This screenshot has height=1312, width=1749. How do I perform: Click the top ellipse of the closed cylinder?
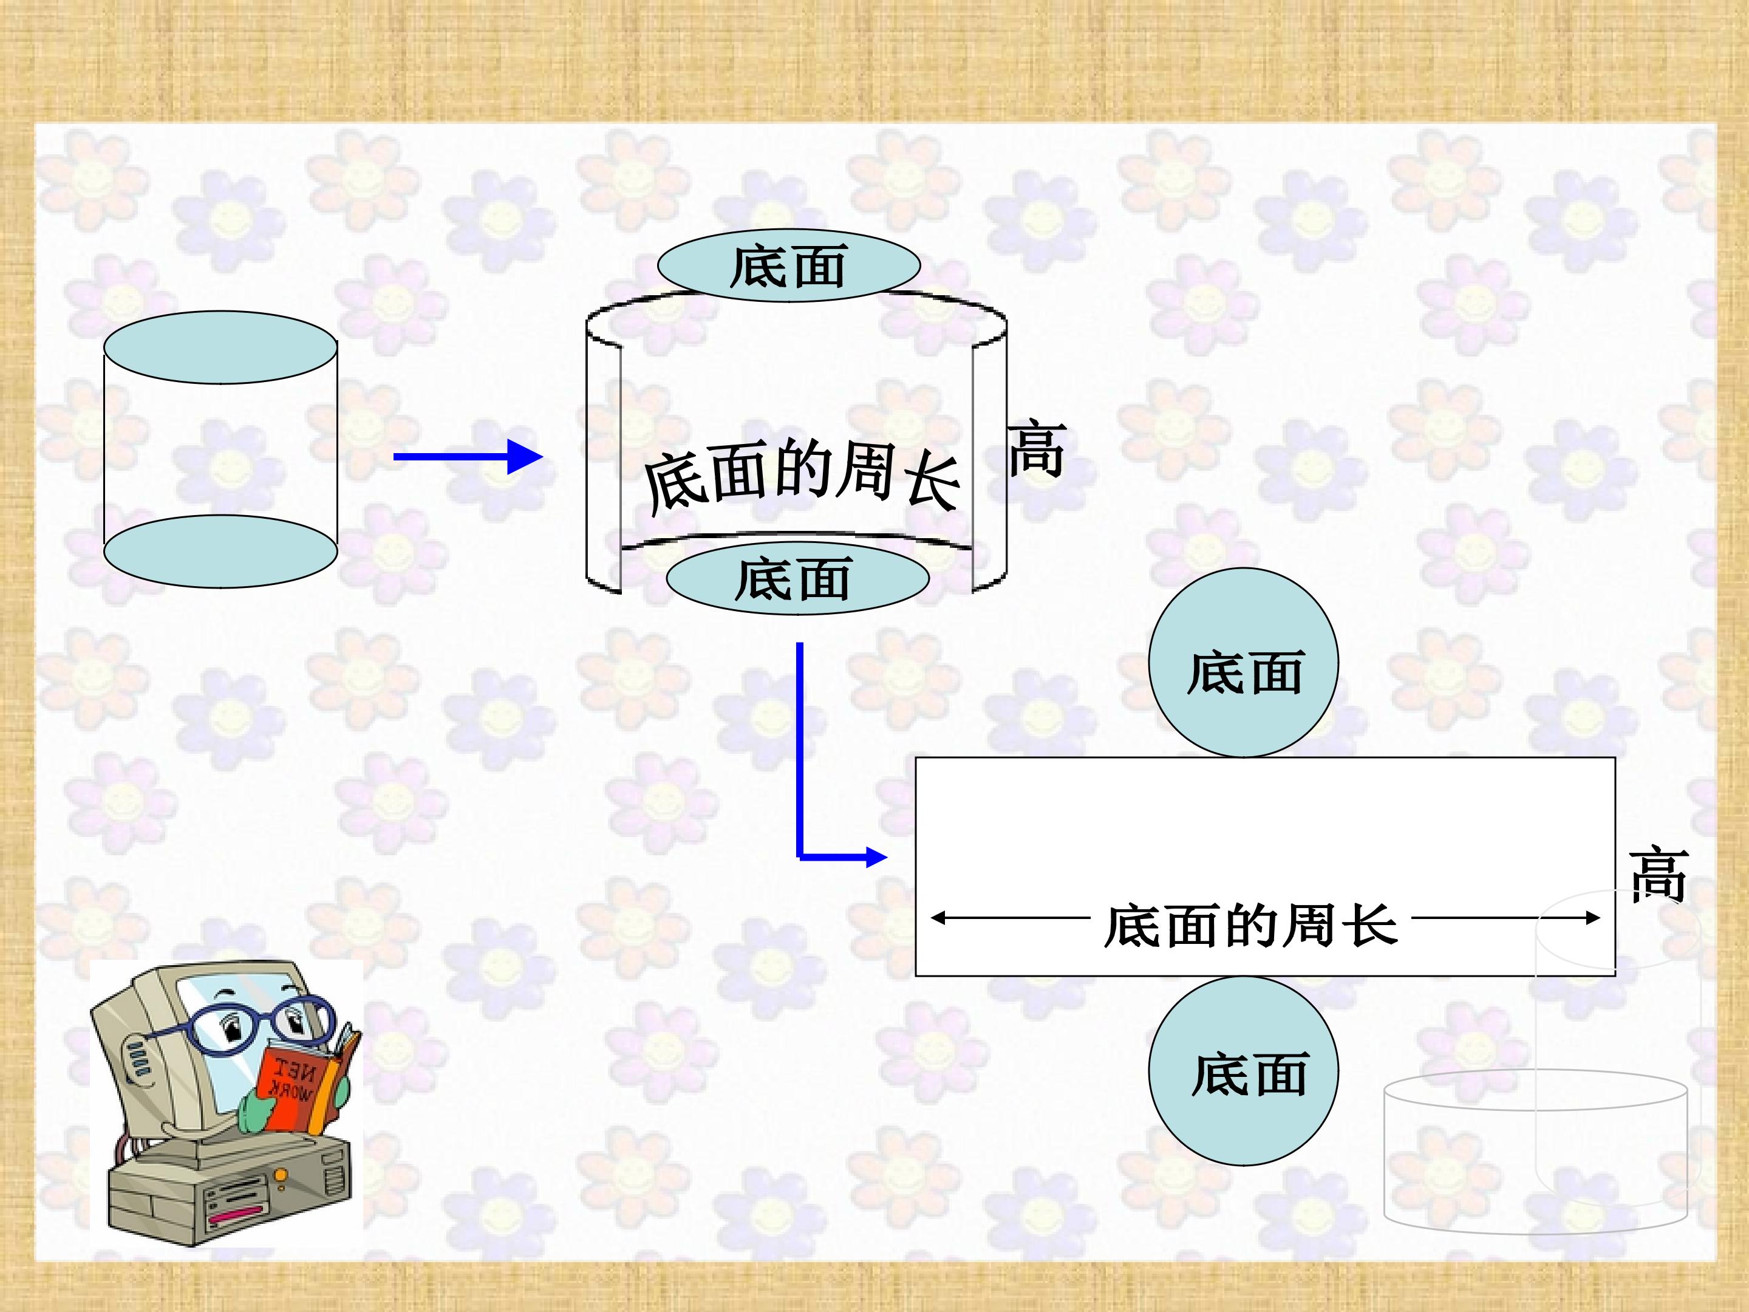(x=220, y=347)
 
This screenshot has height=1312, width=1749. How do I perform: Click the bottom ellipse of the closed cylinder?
(x=220, y=551)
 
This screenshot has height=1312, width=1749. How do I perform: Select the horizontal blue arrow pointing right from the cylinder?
(x=466, y=456)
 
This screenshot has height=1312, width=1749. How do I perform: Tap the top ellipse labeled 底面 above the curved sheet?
(x=788, y=265)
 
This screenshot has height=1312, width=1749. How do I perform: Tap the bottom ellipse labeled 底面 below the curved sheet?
(x=797, y=578)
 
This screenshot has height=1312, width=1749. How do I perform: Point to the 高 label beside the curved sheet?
(x=1037, y=450)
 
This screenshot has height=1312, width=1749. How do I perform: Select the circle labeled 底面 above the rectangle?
(x=1243, y=663)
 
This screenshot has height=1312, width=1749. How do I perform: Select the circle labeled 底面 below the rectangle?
(x=1243, y=1071)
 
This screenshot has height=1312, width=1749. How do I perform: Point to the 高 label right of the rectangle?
(x=1658, y=875)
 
